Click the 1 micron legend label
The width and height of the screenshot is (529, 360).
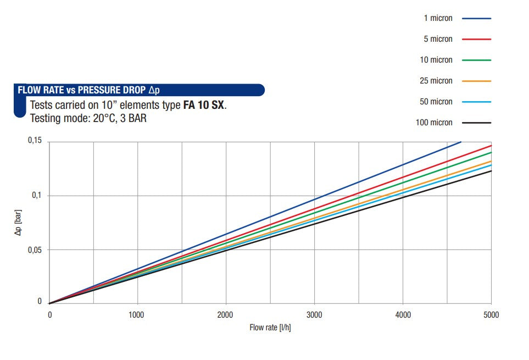pos(438,18)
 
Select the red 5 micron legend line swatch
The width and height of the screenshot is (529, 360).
pos(476,39)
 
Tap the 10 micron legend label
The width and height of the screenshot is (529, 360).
pos(436,60)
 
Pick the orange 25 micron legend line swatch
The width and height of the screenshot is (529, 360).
pos(476,81)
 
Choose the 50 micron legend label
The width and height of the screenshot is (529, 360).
pos(436,102)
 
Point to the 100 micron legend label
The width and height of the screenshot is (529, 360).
pos(434,123)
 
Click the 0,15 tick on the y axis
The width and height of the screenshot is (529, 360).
pos(35,141)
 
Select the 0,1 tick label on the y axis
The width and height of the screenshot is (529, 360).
pos(37,196)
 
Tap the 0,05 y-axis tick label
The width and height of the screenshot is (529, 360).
pos(35,250)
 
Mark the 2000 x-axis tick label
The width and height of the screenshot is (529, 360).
pos(225,315)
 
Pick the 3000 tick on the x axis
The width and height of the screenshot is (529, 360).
pos(314,315)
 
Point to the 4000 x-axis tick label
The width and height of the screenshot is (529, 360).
pos(403,315)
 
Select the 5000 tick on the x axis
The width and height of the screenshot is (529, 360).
pos(491,315)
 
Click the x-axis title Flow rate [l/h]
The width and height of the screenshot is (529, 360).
pos(270,328)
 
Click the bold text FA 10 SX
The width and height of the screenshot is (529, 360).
pos(203,105)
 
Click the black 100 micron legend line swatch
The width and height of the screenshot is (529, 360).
pos(476,123)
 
